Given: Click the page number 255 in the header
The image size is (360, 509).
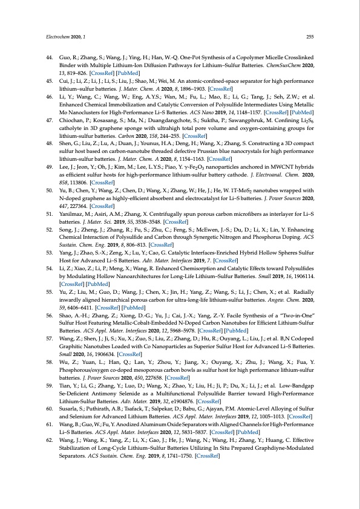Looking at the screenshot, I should pyautogui.click(x=309, y=36).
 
